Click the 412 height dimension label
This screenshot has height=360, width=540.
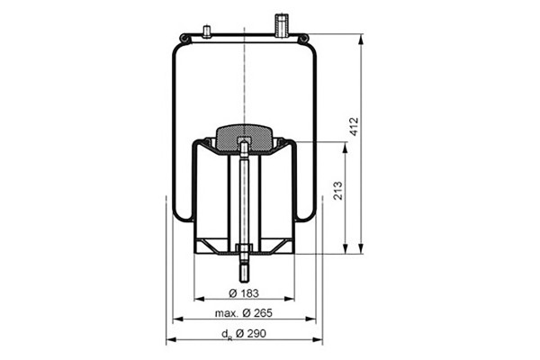tap(354, 126)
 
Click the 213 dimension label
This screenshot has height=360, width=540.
tap(338, 191)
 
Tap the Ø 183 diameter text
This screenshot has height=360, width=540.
tap(244, 293)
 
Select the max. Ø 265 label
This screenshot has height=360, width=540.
tap(244, 313)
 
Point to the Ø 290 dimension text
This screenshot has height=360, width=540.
tap(251, 334)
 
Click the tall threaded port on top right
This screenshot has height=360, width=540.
tap(282, 25)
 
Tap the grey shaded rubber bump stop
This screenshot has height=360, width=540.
tap(244, 139)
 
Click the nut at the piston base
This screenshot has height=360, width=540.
tap(244, 248)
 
